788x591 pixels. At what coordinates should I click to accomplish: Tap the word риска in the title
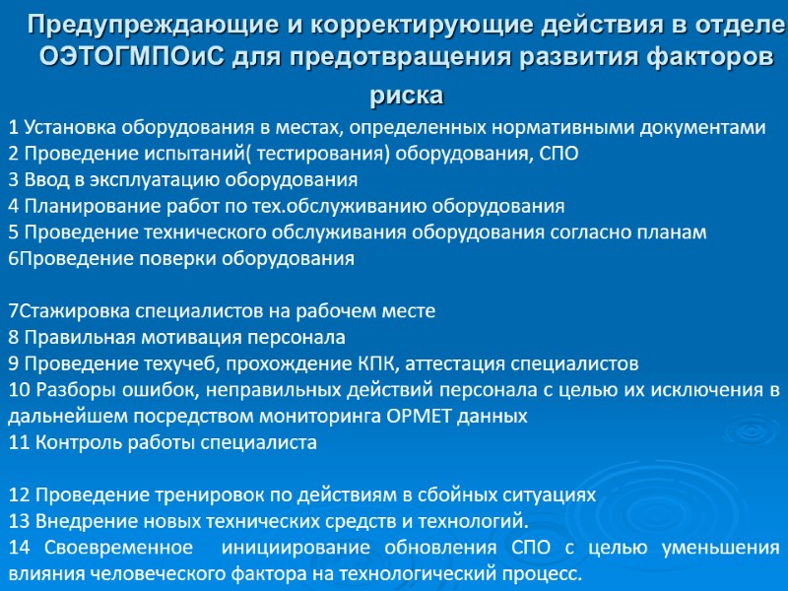point(407,97)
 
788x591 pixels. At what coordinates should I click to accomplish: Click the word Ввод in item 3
point(43,179)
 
